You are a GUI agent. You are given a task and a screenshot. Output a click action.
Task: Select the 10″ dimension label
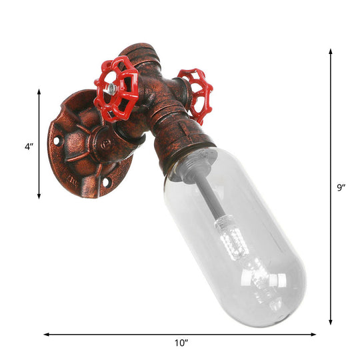(181, 343)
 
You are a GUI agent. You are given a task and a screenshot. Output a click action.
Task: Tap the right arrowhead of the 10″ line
(315, 333)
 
